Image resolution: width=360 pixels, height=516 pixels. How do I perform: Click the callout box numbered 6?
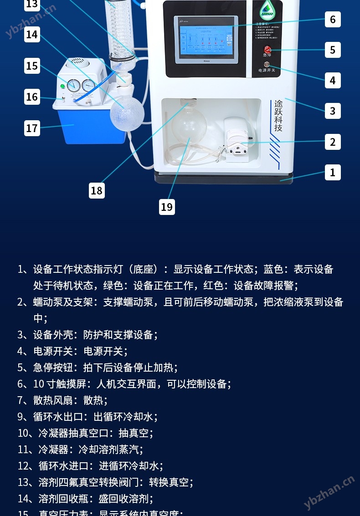[x=333, y=20]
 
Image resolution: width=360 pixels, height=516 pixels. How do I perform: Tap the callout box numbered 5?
[x=333, y=50]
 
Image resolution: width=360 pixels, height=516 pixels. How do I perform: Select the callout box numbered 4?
[x=333, y=80]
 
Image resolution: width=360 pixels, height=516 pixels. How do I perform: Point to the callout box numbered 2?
[x=333, y=142]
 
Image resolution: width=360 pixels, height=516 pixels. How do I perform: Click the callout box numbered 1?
[x=333, y=172]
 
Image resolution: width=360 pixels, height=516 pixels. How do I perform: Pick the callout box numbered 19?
[x=167, y=207]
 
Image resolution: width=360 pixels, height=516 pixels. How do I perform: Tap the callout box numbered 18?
[x=97, y=190]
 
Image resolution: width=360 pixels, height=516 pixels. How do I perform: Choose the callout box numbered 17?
[x=32, y=128]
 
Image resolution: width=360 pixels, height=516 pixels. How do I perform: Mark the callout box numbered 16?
[x=32, y=97]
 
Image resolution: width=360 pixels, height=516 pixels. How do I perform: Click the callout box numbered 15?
[x=32, y=66]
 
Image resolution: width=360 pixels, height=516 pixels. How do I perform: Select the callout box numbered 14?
[x=32, y=35]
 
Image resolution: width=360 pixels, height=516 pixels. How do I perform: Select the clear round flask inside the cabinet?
[x=188, y=126]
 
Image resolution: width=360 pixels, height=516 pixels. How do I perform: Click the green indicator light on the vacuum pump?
[x=62, y=86]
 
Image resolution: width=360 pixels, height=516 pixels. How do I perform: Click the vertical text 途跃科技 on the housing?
[x=278, y=116]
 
